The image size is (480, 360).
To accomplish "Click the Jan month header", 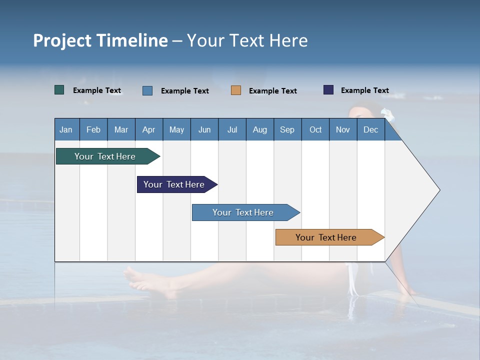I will coord(66,129).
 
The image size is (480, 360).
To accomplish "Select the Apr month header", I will coord(149,129).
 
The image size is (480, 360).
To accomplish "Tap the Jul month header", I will coord(232,129).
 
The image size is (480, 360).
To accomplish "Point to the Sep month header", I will coord(287,129).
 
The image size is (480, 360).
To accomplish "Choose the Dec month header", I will coord(370,129).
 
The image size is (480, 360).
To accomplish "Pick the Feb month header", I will coord(93,129).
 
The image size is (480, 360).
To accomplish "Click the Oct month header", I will coord(315,129).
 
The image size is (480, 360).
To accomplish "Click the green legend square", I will coord(59,90).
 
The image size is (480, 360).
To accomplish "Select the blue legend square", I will coord(147,90).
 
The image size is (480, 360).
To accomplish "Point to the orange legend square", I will coord(236,90).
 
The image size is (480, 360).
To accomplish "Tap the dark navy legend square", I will coord(328,90).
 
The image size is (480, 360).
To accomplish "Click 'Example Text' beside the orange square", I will coord(273,91).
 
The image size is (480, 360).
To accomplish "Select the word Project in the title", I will coord(62,40).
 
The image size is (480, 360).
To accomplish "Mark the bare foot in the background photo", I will coord(142,280).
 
